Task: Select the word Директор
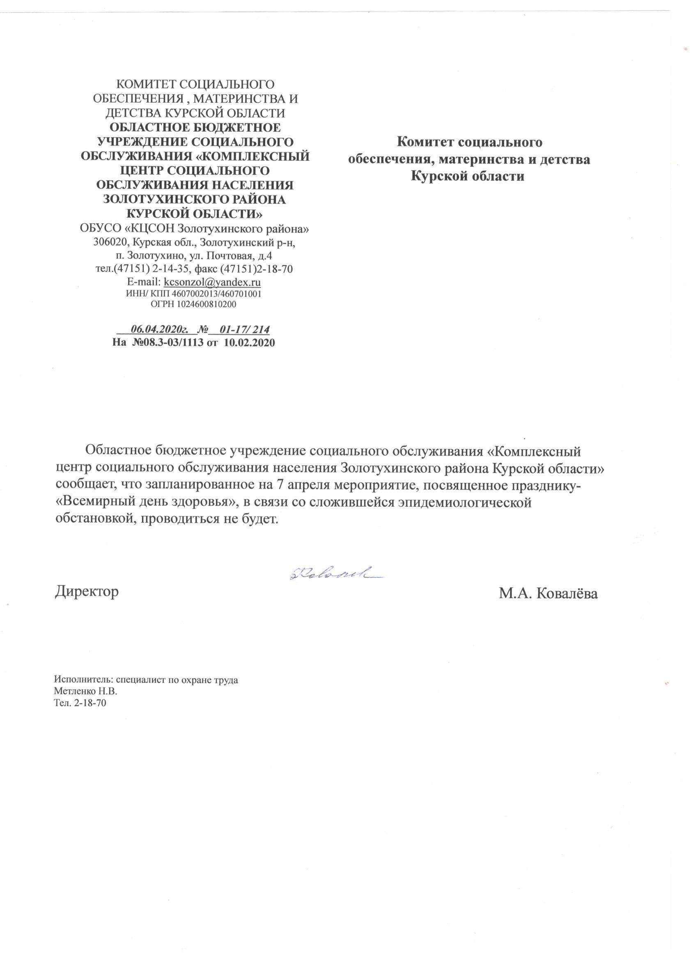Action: (87, 591)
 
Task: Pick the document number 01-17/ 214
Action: (245, 329)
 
